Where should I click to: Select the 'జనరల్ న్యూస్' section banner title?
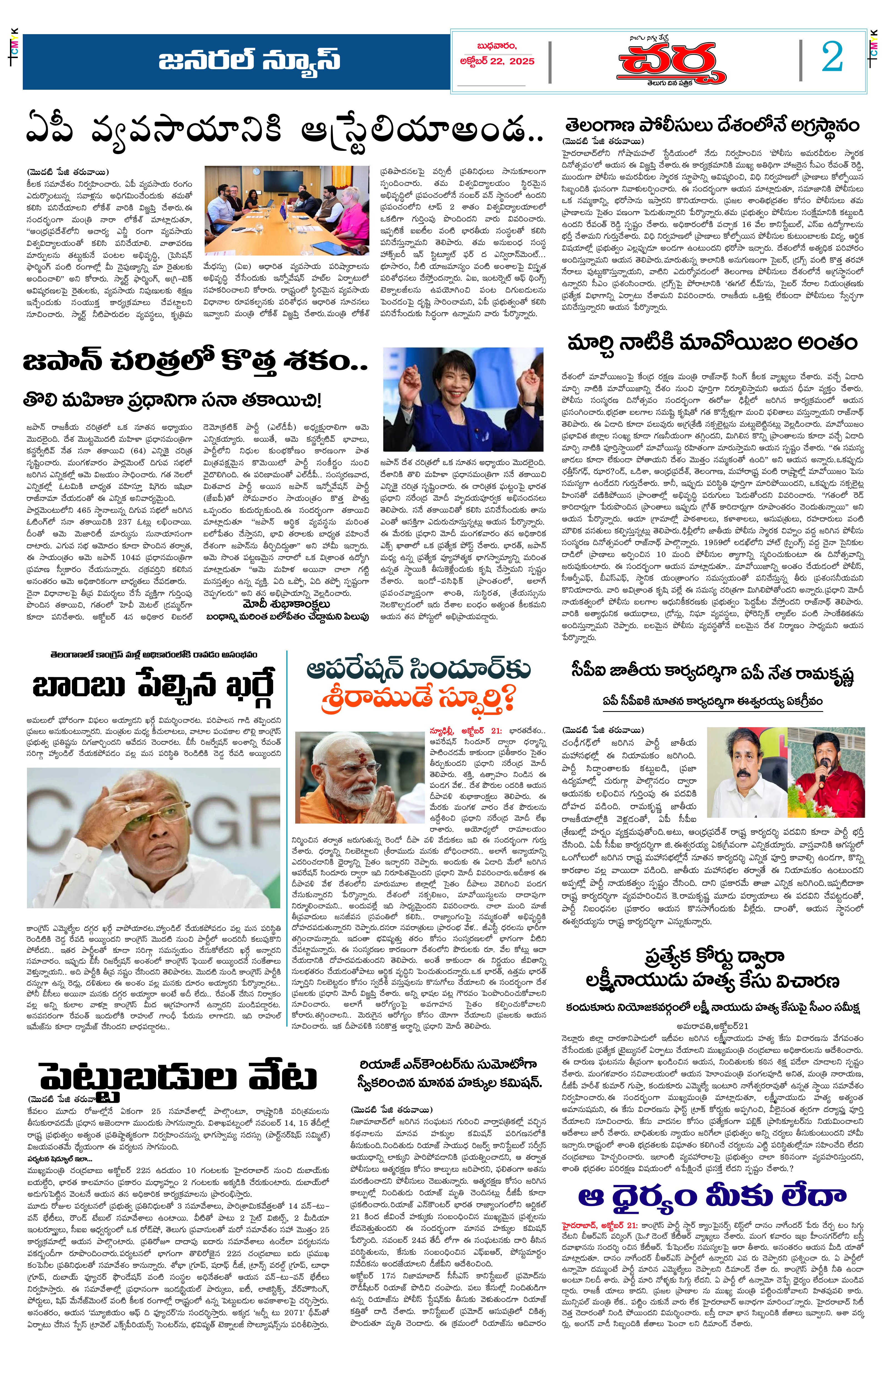pos(249,61)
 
